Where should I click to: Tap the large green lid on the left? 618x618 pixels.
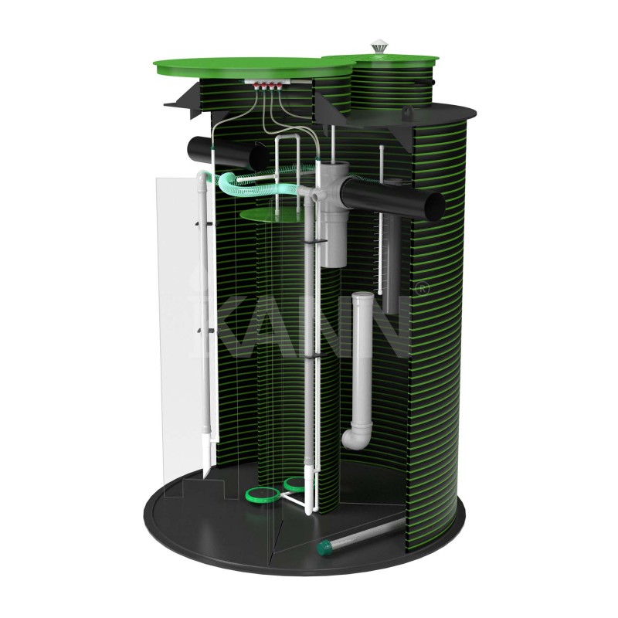[253, 67]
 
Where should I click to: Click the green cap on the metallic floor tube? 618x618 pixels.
[325, 548]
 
